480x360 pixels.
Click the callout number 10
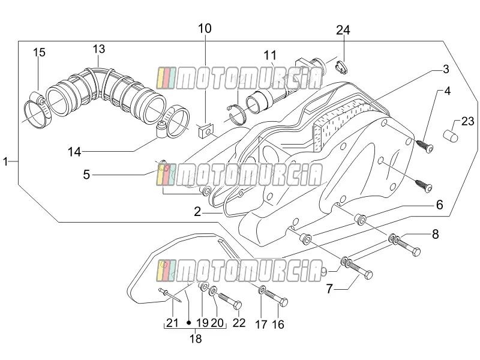205,28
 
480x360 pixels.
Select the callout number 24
343,31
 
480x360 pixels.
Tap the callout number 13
99,49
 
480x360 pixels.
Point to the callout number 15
39,52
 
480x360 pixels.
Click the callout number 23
467,122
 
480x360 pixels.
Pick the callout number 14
74,152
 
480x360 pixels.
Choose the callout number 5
86,175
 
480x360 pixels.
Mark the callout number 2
197,212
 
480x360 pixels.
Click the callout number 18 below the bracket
196,339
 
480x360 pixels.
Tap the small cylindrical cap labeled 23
451,136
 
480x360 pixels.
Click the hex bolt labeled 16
276,298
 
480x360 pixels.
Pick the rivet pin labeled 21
170,295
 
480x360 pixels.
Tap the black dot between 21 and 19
189,323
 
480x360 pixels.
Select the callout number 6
439,205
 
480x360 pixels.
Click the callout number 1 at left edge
5,161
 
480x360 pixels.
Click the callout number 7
329,289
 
